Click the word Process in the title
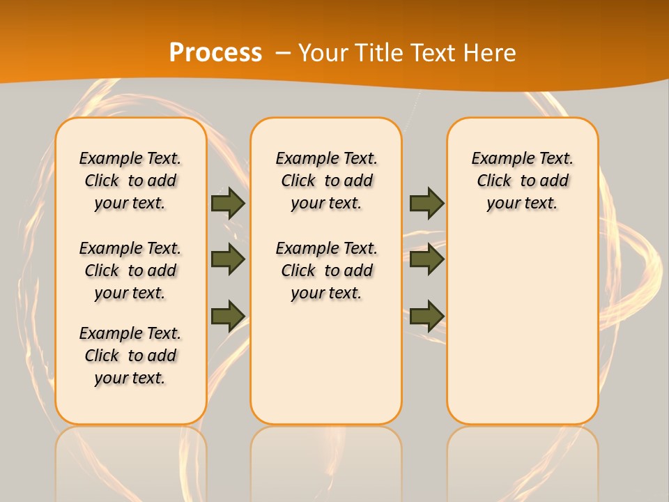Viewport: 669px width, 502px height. click(215, 52)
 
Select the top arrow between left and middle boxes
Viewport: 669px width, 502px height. click(228, 203)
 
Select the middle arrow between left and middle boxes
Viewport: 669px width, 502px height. click(228, 259)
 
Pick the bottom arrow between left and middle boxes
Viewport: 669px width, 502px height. click(228, 316)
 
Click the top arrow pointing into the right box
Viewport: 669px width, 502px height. click(426, 203)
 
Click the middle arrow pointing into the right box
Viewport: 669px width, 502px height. click(426, 259)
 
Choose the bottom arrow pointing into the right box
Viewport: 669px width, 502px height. click(426, 316)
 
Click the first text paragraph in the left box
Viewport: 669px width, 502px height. click(130, 181)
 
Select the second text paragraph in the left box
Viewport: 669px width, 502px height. click(130, 271)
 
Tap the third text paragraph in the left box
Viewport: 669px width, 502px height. click(130, 356)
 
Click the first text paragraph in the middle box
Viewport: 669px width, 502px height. click(326, 181)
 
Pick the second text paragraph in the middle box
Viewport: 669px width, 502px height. click(326, 271)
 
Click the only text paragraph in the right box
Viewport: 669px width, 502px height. click(522, 181)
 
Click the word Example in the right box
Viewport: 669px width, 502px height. click(497, 159)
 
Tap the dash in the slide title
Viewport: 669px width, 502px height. click(283, 53)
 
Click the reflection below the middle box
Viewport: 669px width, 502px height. click(326, 460)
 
